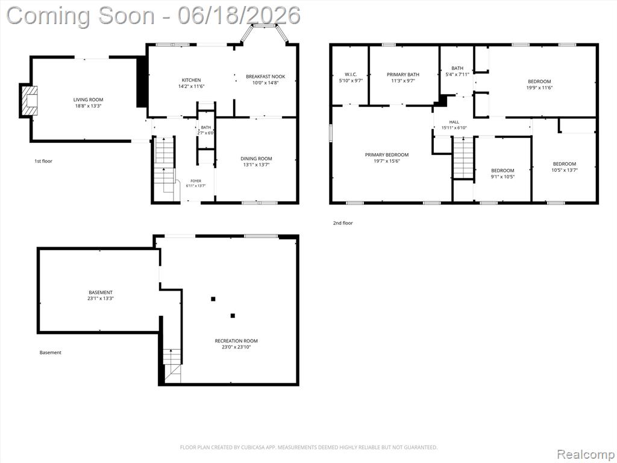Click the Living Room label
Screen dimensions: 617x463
(x=88, y=99)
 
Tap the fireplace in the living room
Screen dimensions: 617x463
(x=30, y=101)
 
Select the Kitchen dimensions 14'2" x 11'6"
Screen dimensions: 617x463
(x=191, y=86)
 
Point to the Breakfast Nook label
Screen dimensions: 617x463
(x=266, y=77)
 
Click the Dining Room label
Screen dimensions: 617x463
(x=256, y=159)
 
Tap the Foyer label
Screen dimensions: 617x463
(x=196, y=181)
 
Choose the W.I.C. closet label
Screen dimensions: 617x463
(x=351, y=74)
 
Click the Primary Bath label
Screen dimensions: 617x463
(x=403, y=74)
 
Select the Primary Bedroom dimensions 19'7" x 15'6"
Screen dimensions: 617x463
(x=386, y=161)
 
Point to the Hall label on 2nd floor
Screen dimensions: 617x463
(x=454, y=122)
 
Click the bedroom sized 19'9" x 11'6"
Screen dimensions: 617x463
(x=539, y=84)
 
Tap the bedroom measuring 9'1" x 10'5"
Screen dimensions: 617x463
(x=503, y=174)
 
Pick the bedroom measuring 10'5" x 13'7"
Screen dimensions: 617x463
(x=564, y=167)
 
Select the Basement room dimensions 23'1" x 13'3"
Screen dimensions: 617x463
(x=101, y=298)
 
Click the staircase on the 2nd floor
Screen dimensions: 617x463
(x=464, y=157)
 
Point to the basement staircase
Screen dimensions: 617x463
(x=172, y=365)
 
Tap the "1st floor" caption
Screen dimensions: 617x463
(x=43, y=161)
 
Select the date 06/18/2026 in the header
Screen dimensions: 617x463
(x=239, y=16)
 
